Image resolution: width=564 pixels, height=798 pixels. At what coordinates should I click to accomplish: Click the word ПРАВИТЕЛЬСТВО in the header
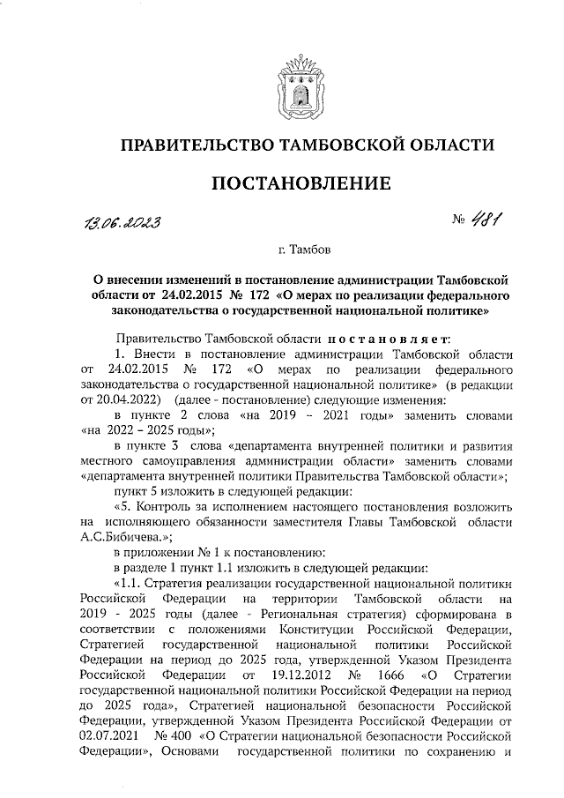tap(194, 144)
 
